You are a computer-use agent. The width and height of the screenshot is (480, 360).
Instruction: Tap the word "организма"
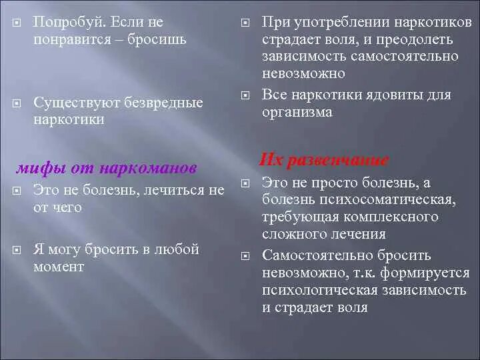coord(297,112)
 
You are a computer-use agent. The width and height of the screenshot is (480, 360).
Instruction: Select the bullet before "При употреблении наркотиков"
coord(245,23)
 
